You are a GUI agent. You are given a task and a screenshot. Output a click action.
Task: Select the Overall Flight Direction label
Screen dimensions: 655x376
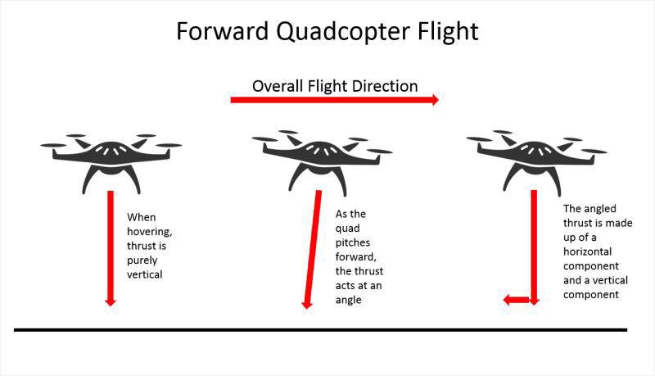335,86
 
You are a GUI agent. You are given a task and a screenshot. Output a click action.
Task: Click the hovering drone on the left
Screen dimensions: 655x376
111,156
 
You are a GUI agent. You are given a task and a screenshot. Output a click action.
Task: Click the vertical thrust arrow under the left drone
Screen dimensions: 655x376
111,246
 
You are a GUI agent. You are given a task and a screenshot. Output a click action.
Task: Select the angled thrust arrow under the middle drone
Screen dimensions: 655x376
312,246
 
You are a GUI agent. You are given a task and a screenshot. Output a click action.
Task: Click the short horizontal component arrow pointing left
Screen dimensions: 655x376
516,300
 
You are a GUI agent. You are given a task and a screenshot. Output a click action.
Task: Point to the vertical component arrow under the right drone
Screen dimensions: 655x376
533,246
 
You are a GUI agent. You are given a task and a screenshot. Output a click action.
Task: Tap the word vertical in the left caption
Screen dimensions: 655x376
145,274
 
